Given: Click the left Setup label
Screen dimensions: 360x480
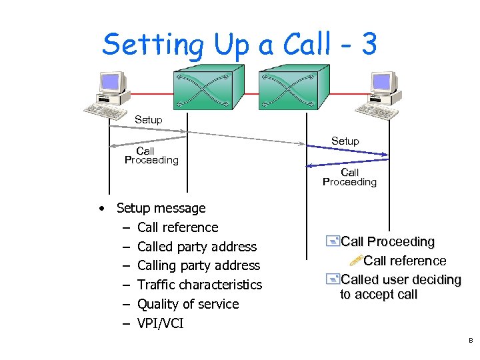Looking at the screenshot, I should coord(148,119).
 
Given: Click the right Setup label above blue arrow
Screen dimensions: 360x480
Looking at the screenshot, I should coord(345,141).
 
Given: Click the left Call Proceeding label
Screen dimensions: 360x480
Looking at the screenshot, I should coord(151,155).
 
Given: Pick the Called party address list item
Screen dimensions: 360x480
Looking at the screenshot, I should coord(197,247).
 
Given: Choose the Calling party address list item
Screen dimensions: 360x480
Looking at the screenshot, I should coord(198,266).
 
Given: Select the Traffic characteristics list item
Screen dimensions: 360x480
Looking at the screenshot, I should coord(199,285).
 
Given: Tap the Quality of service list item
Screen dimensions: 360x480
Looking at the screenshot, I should coord(187,304).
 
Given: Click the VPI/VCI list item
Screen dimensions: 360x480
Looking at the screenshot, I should coord(160,323).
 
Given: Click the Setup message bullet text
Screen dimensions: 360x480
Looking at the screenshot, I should coord(161,208).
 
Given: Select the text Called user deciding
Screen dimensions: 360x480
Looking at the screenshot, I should coord(401,279).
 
